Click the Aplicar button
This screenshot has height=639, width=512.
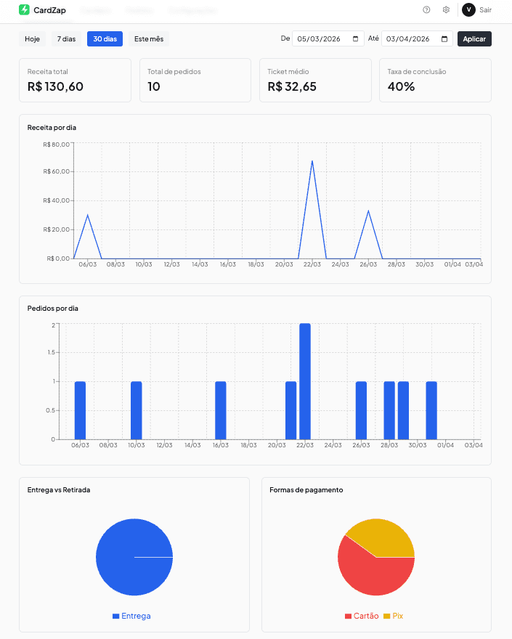tap(474, 38)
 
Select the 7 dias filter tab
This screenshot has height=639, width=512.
tap(66, 38)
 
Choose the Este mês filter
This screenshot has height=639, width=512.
tap(149, 38)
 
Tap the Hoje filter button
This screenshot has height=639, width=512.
tap(32, 38)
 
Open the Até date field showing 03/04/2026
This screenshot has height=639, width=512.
tap(417, 38)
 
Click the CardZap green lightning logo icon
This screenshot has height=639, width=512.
tap(24, 9)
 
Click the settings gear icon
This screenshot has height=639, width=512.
tap(446, 9)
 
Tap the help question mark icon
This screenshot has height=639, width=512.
tap(426, 9)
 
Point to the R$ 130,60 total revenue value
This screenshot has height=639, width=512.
tap(55, 86)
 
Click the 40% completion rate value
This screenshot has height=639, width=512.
tap(401, 86)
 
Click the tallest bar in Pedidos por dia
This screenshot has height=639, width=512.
tap(305, 381)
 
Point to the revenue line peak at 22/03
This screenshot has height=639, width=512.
tap(312, 161)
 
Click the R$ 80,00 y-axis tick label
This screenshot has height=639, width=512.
tap(57, 144)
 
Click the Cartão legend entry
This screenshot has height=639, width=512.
tap(362, 616)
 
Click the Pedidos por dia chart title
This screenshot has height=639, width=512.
tap(52, 308)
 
